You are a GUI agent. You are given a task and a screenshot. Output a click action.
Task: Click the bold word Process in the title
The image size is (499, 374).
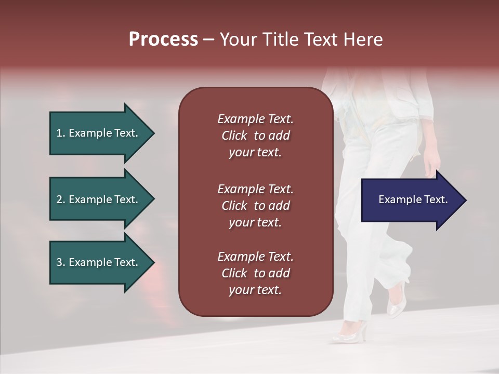click(163, 39)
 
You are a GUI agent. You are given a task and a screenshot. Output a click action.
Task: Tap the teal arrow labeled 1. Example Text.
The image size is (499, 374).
click(99, 133)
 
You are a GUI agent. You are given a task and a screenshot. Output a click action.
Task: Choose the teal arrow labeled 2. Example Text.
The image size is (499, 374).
click(99, 199)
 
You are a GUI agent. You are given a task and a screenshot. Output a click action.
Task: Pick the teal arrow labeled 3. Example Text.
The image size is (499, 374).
click(99, 262)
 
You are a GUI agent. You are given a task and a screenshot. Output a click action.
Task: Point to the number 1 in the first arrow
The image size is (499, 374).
click(59, 133)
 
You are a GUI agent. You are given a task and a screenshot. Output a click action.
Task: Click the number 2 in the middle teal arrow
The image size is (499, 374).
click(59, 199)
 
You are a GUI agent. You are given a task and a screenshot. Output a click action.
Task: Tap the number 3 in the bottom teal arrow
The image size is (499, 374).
click(59, 262)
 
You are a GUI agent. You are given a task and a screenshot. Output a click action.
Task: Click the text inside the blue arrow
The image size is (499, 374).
click(413, 199)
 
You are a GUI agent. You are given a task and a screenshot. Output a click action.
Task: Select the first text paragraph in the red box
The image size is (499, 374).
click(255, 136)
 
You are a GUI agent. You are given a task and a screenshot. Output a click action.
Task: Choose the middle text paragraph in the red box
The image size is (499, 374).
click(255, 205)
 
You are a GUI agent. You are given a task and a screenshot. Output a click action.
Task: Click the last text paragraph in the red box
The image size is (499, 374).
click(255, 273)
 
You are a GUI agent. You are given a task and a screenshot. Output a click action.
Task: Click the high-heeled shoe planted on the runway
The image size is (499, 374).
click(350, 332)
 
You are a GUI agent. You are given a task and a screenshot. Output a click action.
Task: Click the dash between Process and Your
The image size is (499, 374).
click(208, 39)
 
